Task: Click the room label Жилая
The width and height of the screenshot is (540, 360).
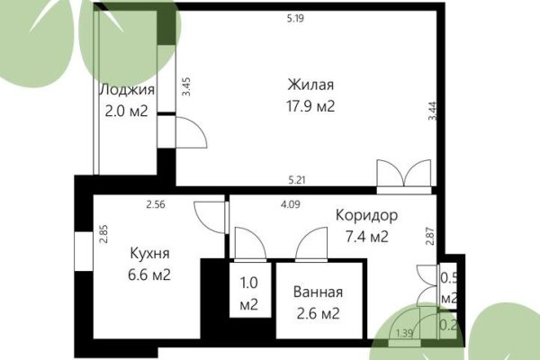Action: point(311,85)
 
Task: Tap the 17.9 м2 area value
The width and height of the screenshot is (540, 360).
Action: point(311,105)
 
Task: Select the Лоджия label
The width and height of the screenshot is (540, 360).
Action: point(126,90)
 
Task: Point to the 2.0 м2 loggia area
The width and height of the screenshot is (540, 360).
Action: point(126,112)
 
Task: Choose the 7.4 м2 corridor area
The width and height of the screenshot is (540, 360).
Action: point(362,237)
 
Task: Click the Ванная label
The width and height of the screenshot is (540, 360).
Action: point(318,293)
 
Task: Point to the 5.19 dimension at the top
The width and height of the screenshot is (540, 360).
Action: point(294,17)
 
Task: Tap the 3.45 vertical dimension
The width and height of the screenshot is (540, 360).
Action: point(186,87)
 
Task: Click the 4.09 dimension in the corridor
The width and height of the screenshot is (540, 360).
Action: point(290,204)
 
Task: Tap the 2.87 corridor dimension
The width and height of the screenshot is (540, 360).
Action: point(430,237)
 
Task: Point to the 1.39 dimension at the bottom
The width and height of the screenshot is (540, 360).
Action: point(405,334)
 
